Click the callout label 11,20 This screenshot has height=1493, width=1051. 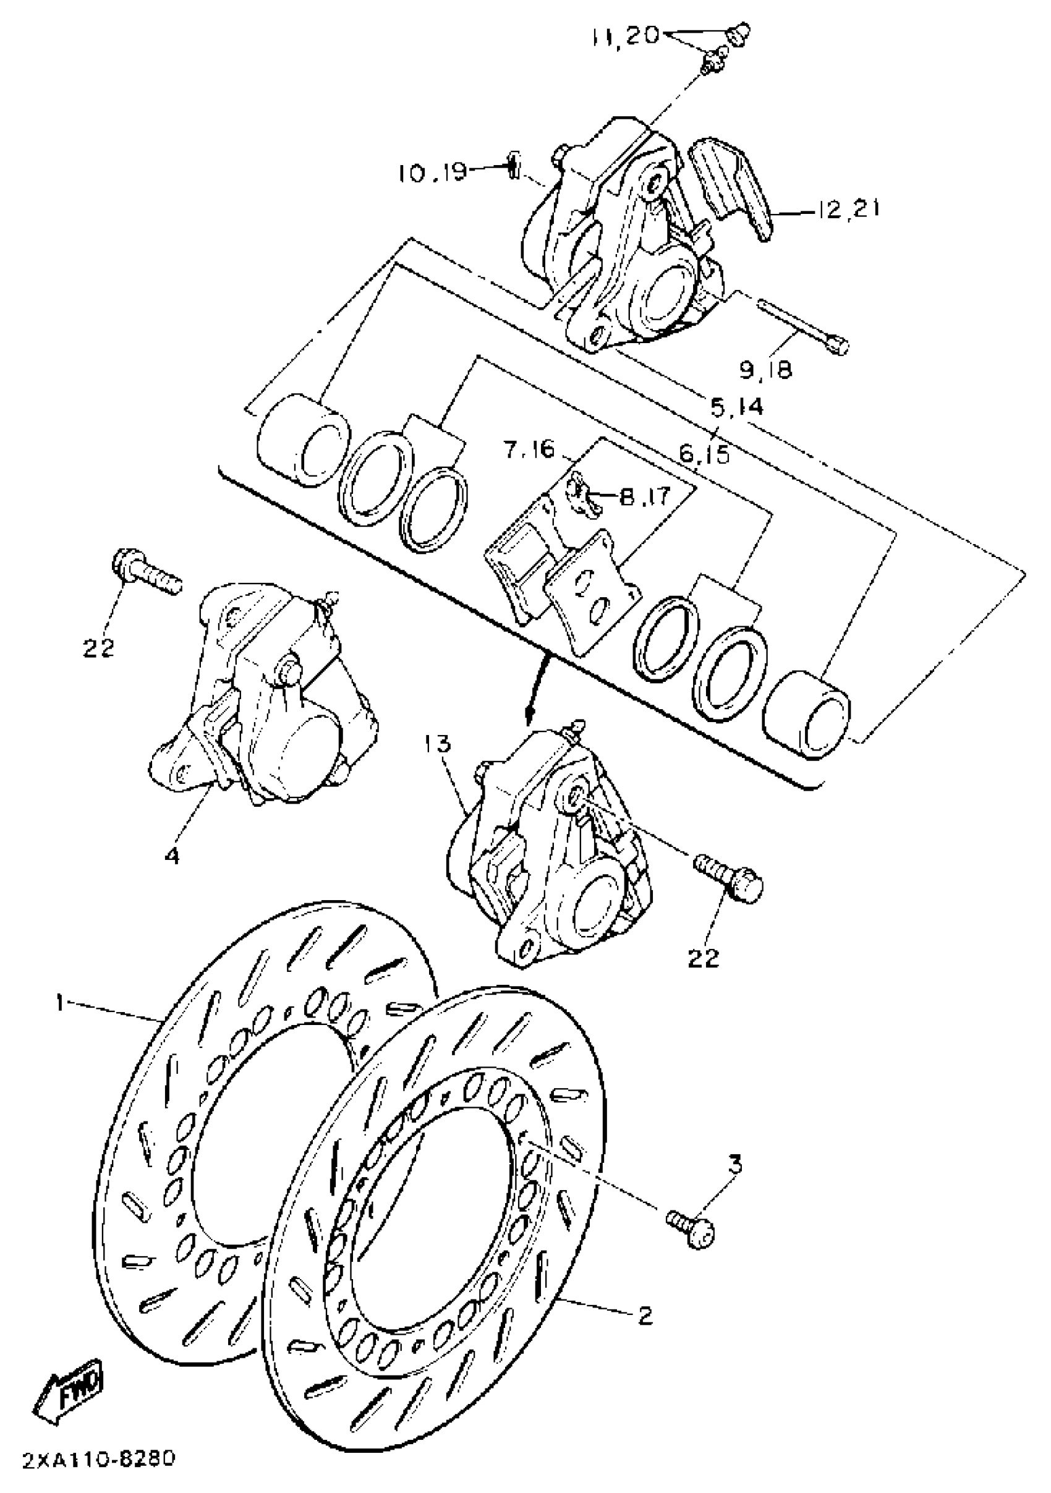(625, 36)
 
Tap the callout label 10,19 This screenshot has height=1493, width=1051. (432, 172)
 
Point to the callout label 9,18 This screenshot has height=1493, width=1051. (765, 369)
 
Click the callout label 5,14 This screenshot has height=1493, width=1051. (736, 407)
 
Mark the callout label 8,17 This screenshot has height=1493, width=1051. (644, 497)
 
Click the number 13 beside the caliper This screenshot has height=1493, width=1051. (438, 743)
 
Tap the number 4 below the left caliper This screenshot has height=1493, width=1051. (172, 856)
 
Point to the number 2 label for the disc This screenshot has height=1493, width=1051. (645, 1316)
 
